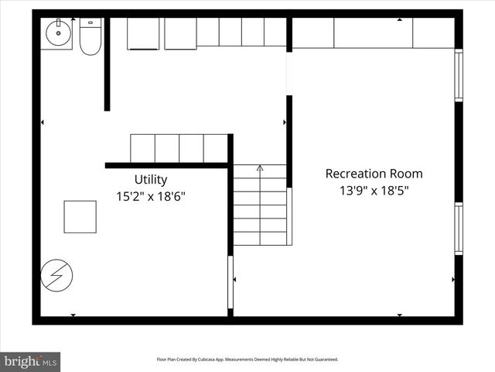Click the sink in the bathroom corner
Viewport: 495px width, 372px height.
(x=56, y=34)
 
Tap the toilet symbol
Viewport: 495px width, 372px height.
(x=90, y=37)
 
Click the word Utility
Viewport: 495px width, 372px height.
(x=150, y=180)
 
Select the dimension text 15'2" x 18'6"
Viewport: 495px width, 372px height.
(x=151, y=197)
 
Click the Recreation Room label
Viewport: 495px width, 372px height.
(x=374, y=174)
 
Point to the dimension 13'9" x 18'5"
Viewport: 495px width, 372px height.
(x=374, y=191)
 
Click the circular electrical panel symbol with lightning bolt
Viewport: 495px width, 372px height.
(x=57, y=274)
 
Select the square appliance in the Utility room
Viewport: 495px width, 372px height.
(x=80, y=216)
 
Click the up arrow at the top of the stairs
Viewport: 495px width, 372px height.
(x=260, y=167)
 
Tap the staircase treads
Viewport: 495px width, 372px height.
(x=260, y=205)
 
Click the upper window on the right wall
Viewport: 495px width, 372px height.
(x=459, y=75)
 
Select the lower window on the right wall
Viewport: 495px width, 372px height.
(x=459, y=228)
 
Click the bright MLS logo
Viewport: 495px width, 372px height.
(x=30, y=361)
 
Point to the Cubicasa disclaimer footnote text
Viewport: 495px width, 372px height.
(x=247, y=360)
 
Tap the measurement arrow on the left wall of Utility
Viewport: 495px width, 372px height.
(x=43, y=122)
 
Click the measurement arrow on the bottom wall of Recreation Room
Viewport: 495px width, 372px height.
(x=399, y=315)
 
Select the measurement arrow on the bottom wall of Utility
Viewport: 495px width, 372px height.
(x=73, y=315)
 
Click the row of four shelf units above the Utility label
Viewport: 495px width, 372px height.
(x=179, y=148)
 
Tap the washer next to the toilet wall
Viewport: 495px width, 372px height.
(x=143, y=33)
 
